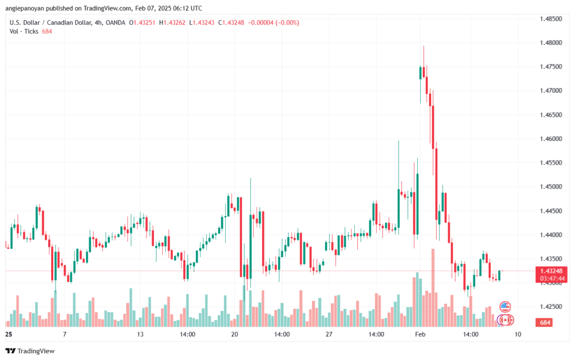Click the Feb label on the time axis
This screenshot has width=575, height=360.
click(420, 334)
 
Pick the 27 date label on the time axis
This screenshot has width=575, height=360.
click(329, 334)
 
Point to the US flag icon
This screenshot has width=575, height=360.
click(505, 307)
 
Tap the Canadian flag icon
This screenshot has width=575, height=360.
click(505, 320)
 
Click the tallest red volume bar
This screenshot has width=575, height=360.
click(433, 286)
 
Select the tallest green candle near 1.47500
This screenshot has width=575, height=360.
click(420, 72)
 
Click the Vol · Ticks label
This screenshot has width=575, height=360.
click(24, 31)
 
